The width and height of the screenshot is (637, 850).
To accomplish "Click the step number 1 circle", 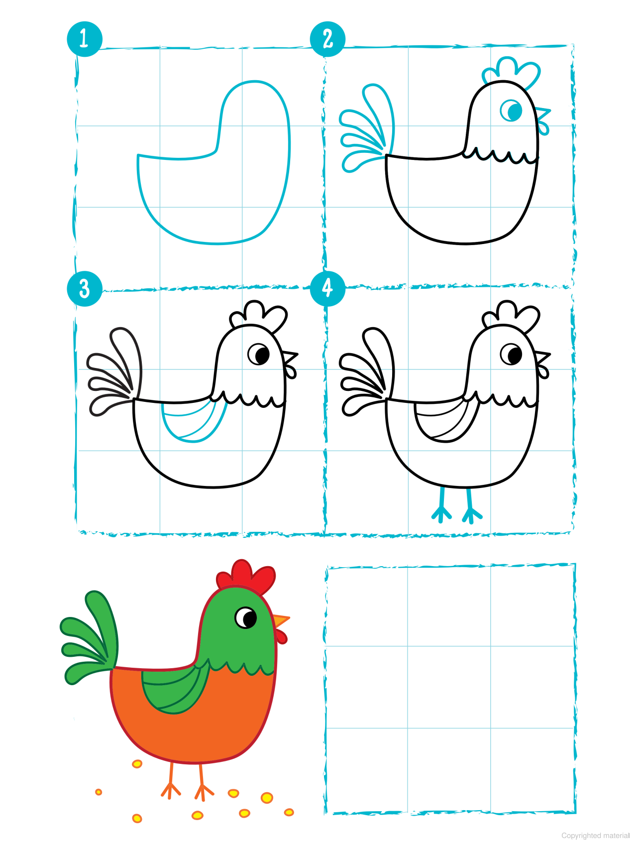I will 85,39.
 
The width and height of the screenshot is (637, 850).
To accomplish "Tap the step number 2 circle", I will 327,39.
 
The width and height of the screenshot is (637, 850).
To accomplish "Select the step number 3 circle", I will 85,288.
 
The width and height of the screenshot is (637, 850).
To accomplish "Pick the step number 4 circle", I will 327,288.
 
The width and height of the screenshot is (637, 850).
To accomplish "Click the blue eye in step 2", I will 511,111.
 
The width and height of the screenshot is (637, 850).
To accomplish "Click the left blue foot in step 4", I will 441,508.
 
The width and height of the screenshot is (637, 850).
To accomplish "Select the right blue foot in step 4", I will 471,508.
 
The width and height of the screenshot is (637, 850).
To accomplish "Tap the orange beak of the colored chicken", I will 281,620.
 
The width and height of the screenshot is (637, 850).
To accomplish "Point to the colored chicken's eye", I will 246,618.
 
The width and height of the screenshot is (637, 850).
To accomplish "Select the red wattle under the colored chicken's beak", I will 282,636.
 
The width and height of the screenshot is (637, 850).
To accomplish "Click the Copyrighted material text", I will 595,836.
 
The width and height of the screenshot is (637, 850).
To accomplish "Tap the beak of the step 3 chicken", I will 290,357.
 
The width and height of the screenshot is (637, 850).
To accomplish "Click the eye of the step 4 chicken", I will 511,355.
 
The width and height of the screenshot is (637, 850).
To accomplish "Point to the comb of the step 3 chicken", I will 259,315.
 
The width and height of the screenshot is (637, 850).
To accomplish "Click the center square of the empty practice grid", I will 449,687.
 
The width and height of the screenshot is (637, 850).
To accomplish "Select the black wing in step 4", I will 445,421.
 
